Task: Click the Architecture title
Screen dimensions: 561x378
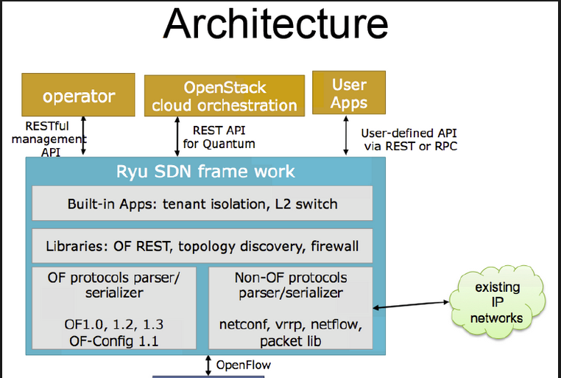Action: pos(275,24)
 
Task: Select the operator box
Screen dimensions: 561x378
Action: pos(78,95)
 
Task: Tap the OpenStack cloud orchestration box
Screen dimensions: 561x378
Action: pos(225,96)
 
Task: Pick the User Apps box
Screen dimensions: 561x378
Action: pos(349,93)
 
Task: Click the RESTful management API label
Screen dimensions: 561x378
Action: pos(49,139)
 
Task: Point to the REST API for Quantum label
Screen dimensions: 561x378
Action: pos(219,137)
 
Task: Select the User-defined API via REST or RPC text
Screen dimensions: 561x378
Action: pos(409,139)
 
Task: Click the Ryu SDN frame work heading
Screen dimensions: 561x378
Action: pos(205,172)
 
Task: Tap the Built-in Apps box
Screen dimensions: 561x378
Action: pos(202,203)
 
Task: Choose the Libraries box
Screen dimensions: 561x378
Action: pos(202,246)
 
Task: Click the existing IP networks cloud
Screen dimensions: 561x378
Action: pos(497,302)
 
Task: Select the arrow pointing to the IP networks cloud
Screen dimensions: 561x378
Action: pos(411,304)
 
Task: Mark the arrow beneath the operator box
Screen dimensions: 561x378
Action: pos(83,136)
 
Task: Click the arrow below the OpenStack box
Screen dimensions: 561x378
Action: pos(177,136)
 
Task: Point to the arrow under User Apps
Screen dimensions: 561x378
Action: pos(345,136)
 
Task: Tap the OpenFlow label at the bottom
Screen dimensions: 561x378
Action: pos(244,365)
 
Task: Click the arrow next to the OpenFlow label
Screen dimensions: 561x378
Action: pos(208,365)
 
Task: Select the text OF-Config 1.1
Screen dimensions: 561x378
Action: pos(114,341)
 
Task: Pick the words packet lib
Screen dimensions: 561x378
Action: pos(291,341)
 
